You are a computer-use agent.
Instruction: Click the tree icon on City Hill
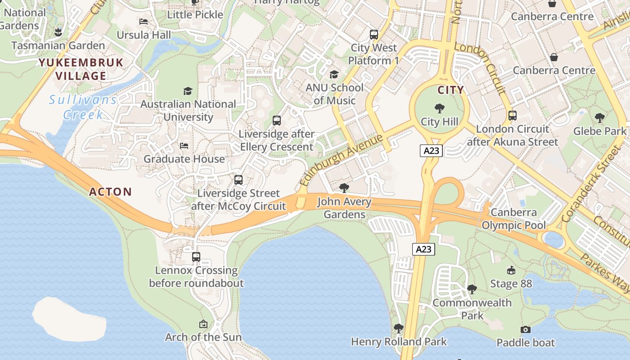click(440, 108)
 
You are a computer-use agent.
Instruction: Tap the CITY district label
click(450, 90)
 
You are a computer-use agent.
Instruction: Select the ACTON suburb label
click(110, 192)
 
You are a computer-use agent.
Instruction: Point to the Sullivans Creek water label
click(83, 107)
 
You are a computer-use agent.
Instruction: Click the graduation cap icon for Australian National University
click(188, 91)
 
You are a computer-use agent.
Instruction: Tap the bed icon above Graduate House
click(184, 146)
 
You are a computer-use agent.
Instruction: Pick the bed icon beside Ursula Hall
click(144, 22)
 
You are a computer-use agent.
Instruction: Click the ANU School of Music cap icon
click(334, 74)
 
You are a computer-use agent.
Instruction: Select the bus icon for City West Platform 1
click(373, 34)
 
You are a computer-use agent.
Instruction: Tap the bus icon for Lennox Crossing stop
click(196, 257)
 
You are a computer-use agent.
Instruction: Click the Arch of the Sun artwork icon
click(203, 324)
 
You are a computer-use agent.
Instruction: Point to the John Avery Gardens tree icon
click(344, 188)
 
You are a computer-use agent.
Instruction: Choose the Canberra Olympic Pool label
click(513, 219)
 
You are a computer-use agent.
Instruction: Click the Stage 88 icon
click(511, 270)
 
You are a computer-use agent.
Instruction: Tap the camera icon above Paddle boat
click(525, 330)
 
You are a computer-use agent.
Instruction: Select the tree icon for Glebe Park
click(599, 118)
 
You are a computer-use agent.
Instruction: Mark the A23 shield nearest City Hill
click(431, 151)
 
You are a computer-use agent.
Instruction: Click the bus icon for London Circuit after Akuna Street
click(512, 116)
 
